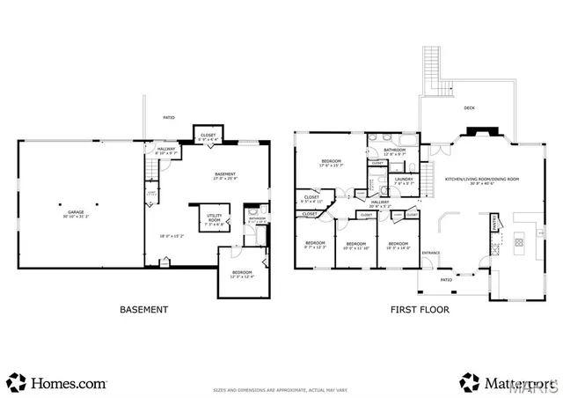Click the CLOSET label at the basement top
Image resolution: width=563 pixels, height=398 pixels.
click(x=207, y=136)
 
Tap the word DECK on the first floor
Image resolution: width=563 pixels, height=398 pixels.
click(x=469, y=107)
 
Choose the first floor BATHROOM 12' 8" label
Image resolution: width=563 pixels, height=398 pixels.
click(x=394, y=152)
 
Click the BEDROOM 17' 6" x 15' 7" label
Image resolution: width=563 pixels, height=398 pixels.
click(x=331, y=163)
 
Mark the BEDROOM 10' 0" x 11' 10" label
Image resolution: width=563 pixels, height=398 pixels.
click(x=355, y=246)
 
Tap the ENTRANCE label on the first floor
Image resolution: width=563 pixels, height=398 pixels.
click(x=430, y=254)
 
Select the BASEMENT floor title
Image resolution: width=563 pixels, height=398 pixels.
click(x=143, y=310)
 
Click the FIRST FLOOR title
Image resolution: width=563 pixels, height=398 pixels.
click(x=420, y=310)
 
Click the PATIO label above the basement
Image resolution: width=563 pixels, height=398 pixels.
click(x=169, y=117)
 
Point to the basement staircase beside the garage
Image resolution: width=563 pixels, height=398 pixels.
click(x=151, y=193)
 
